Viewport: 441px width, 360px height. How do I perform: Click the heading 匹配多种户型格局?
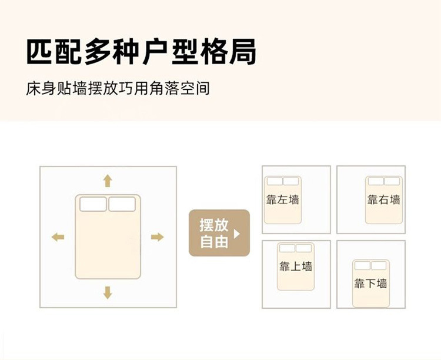[141, 53]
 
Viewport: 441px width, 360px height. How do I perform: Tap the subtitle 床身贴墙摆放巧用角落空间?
[118, 89]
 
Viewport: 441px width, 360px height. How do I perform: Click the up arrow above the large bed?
[108, 180]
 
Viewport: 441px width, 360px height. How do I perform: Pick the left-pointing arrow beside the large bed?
[58, 237]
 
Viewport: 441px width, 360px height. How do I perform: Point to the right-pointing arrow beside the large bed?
[157, 237]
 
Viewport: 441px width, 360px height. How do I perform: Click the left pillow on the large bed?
[93, 204]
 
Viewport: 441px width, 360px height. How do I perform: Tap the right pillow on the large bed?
[122, 204]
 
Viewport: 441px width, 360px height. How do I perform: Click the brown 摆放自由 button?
[219, 233]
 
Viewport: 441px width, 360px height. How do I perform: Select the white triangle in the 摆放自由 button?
[237, 234]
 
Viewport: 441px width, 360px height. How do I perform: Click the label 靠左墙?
[283, 199]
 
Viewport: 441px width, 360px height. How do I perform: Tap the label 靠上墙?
[295, 266]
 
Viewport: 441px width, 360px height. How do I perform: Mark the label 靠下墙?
[370, 284]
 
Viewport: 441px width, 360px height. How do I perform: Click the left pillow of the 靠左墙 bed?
[275, 181]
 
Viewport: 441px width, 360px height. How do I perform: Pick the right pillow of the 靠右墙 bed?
[392, 181]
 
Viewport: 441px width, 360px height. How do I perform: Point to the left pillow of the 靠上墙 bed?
[287, 248]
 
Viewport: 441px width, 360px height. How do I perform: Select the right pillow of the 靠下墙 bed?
[379, 265]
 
